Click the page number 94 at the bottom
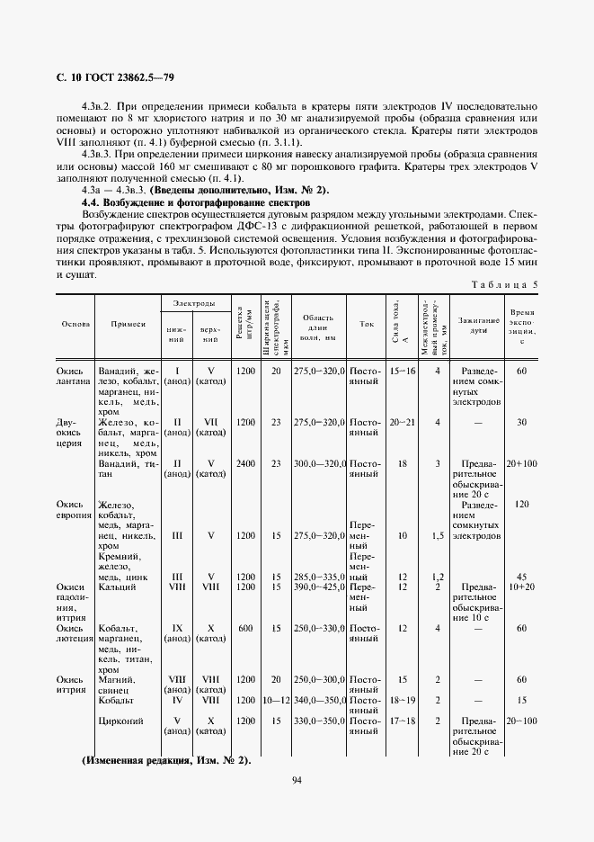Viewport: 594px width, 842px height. tap(297, 780)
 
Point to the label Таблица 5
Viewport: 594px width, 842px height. tap(506, 285)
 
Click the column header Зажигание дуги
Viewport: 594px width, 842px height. tap(478, 325)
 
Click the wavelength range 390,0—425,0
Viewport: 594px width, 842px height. tap(319, 587)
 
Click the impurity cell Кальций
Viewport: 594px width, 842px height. tap(118, 587)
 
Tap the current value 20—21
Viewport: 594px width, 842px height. tap(402, 422)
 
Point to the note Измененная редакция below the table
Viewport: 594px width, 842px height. tap(165, 760)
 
